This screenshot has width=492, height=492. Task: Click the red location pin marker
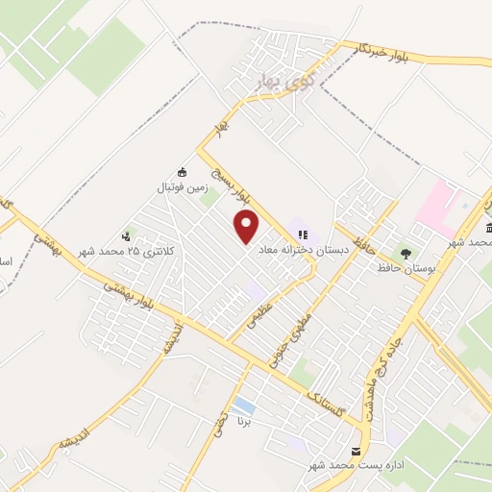(x=247, y=227)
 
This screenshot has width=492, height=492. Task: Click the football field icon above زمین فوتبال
(x=183, y=172)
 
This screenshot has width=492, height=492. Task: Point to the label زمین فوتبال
(x=183, y=188)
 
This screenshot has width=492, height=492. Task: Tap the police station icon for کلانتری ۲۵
(x=126, y=236)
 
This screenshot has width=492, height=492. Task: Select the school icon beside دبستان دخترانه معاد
(x=304, y=234)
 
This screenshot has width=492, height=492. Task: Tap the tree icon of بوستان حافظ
(x=406, y=255)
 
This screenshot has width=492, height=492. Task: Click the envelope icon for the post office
(x=357, y=451)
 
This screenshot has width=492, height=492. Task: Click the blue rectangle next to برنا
(x=244, y=406)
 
